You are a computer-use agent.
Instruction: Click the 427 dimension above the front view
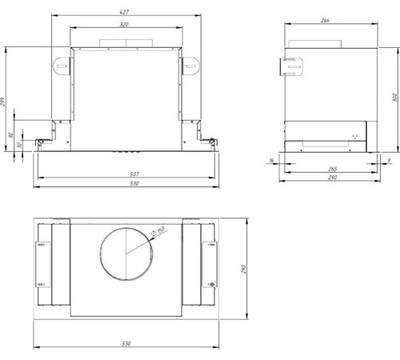pos(123,12)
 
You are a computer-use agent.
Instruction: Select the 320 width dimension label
pos(123,24)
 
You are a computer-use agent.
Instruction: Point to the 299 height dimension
pos(4,102)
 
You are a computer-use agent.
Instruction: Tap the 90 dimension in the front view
pos(10,137)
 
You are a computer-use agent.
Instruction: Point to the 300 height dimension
pos(394,98)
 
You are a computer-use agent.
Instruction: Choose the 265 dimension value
pos(332,169)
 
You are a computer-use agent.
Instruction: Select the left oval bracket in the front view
pos(62,64)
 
